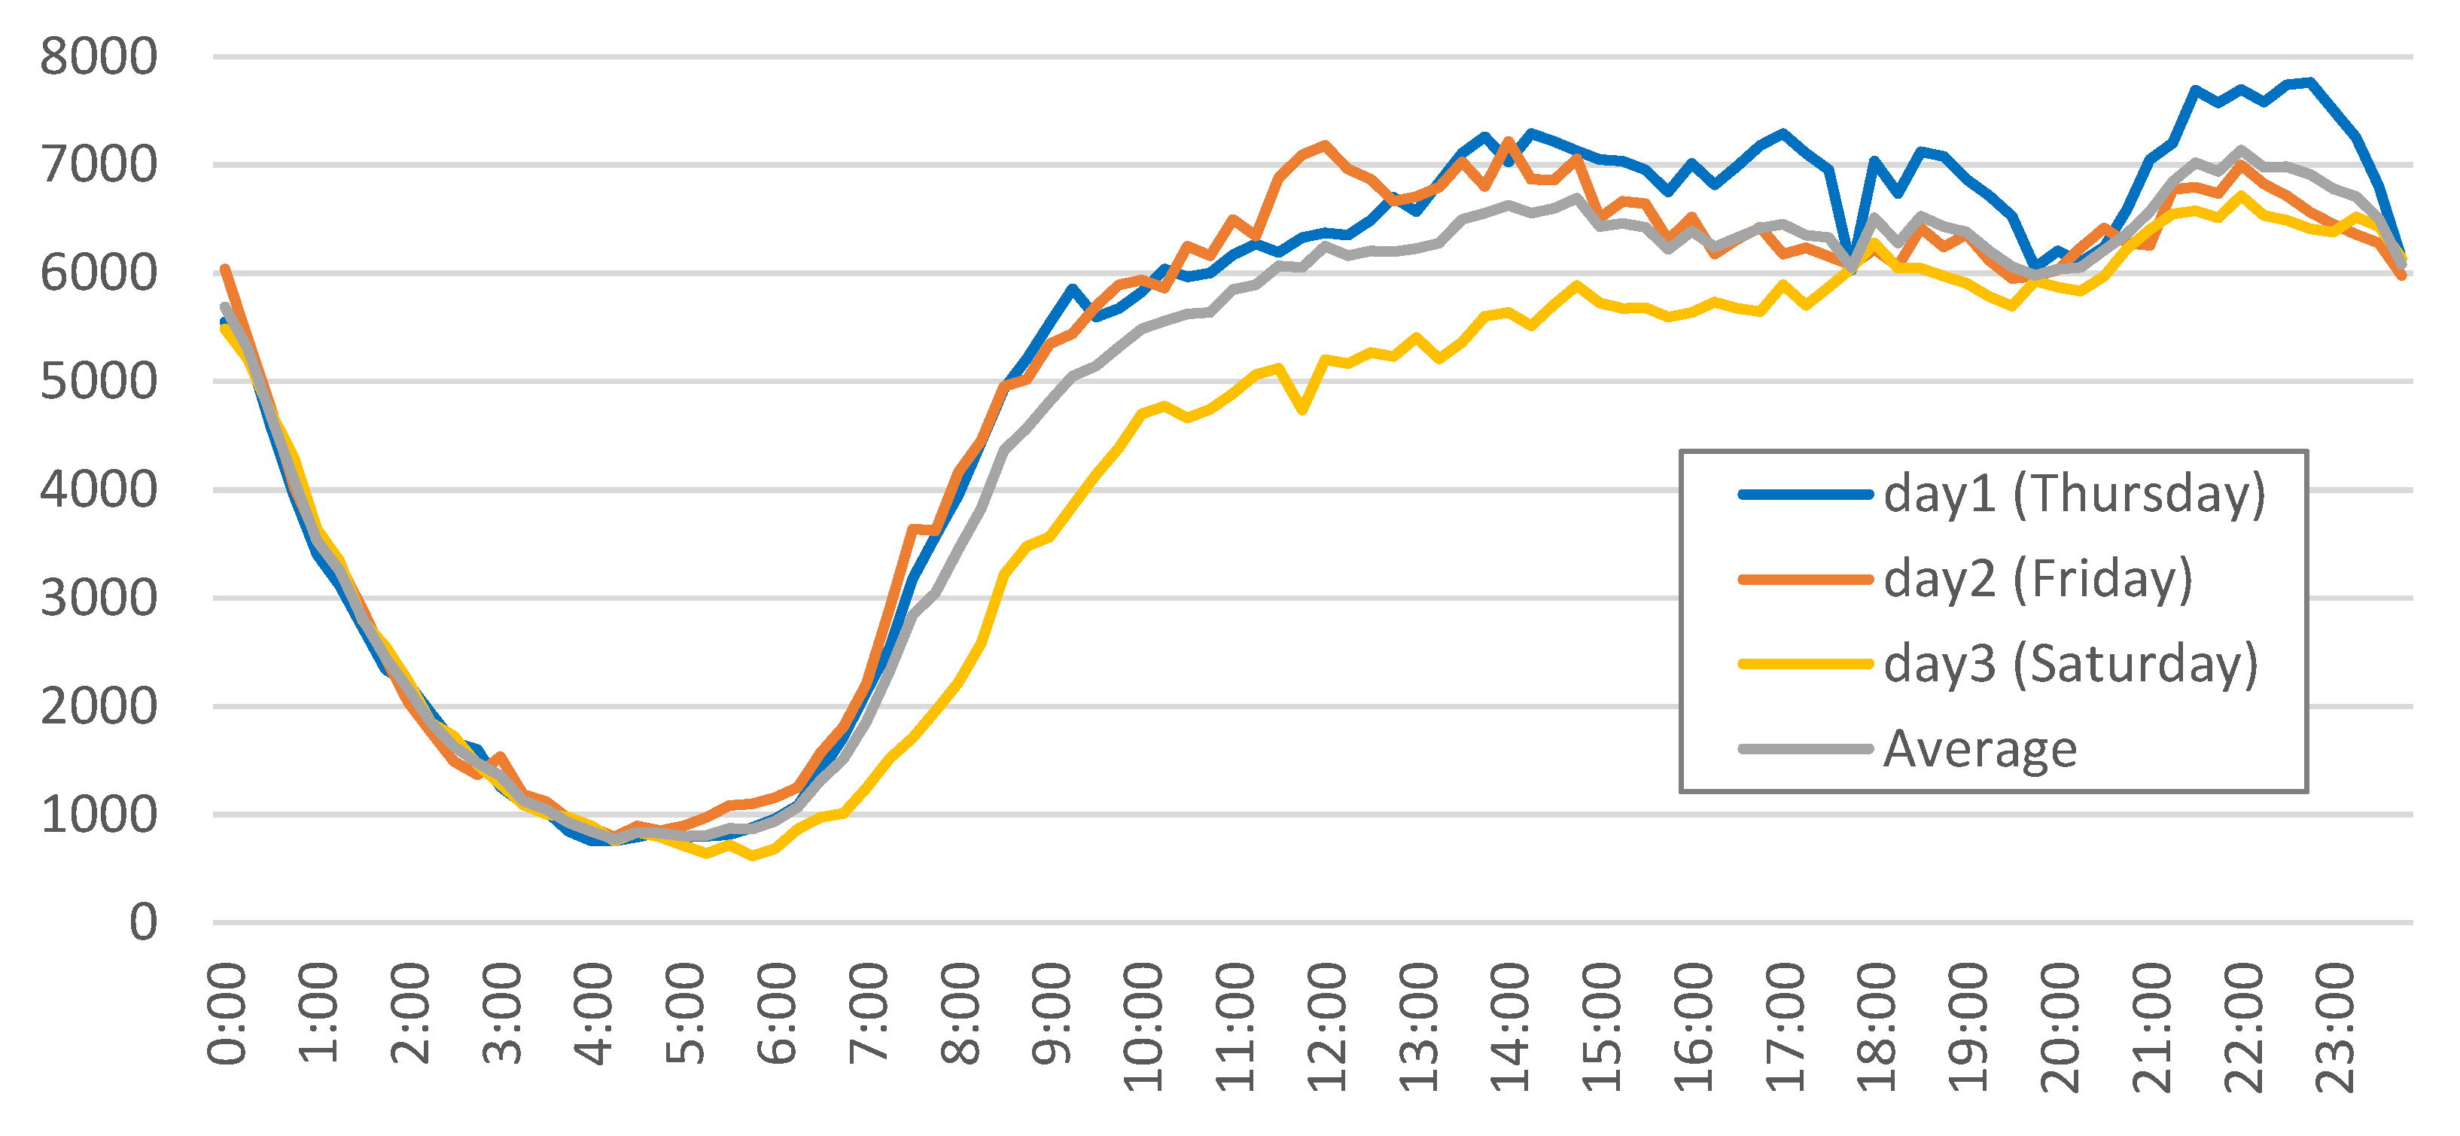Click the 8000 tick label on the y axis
[x=99, y=57]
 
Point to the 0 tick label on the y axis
[x=143, y=924]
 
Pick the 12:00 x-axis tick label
[x=1327, y=1027]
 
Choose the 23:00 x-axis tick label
[x=2336, y=1027]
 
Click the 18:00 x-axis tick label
[x=1877, y=1027]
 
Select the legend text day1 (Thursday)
[x=2074, y=494]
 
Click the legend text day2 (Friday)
[x=2038, y=579]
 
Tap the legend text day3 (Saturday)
[x=2070, y=664]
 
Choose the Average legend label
[x=1980, y=749]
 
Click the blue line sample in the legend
[x=1805, y=495]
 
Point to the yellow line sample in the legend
[x=1805, y=664]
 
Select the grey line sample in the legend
[x=1805, y=749]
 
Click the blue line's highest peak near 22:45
[x=2310, y=82]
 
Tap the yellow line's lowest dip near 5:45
[x=753, y=856]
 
